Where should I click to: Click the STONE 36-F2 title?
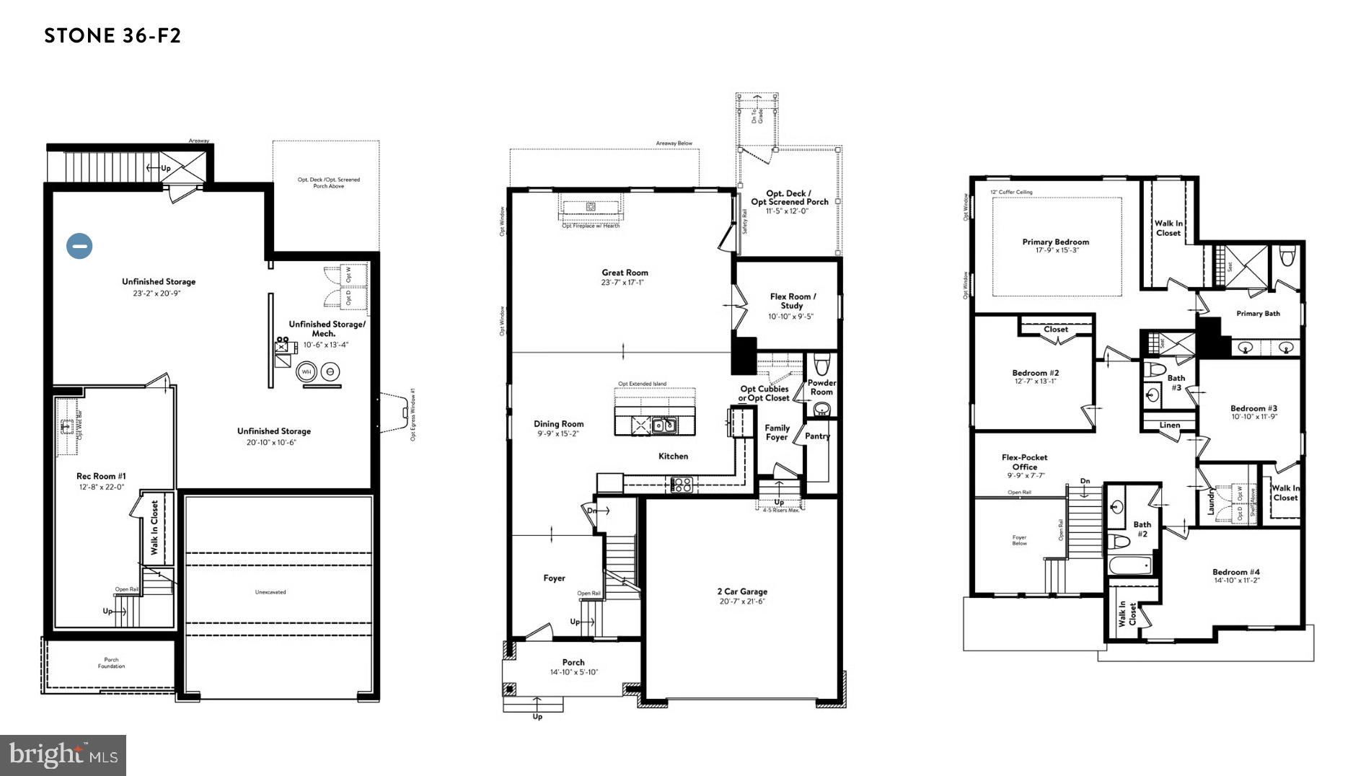(x=113, y=36)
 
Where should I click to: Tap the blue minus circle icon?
(x=79, y=246)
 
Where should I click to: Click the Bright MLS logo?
(x=63, y=755)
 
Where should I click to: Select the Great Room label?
(x=625, y=273)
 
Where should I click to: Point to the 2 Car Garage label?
(x=742, y=591)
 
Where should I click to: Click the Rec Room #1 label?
(x=101, y=476)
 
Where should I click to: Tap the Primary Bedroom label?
(x=1055, y=242)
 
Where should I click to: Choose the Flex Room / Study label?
(x=792, y=301)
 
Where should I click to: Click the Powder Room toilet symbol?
(x=821, y=362)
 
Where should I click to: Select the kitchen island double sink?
(x=664, y=426)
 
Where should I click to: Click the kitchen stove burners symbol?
(x=682, y=485)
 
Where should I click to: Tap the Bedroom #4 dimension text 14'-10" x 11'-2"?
(x=1235, y=581)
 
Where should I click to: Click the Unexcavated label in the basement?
(x=270, y=592)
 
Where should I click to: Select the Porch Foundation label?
(x=111, y=663)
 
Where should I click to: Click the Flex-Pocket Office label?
(x=1024, y=462)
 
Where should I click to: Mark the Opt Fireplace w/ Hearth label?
(x=591, y=226)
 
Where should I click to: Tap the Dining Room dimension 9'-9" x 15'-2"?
(x=558, y=434)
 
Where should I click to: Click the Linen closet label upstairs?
(x=1169, y=425)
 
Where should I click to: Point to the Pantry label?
(x=817, y=436)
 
